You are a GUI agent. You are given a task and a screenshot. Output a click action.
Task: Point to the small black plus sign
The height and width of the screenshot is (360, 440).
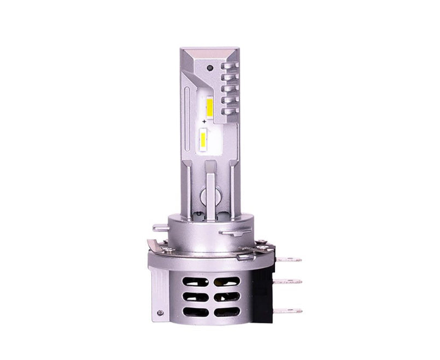point(204,120)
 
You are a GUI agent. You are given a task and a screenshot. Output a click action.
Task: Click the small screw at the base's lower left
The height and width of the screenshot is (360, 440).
point(160,314)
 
